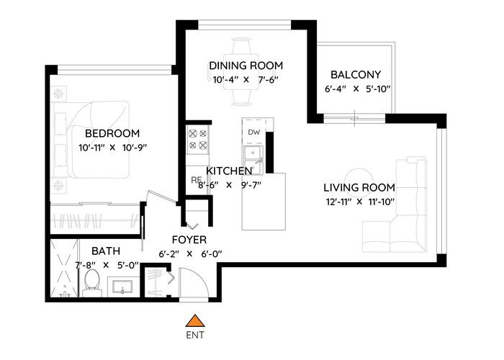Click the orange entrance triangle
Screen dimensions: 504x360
tap(195, 321)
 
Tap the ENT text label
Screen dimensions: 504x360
tap(195, 336)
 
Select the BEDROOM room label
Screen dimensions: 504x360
tap(112, 133)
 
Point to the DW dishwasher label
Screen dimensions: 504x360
tap(254, 132)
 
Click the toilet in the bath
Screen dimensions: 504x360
tap(92, 283)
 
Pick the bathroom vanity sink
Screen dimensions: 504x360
tap(122, 287)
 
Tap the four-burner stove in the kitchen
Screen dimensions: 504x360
tap(197, 139)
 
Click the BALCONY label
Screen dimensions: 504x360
tap(356, 75)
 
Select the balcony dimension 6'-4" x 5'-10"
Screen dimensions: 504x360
tap(357, 89)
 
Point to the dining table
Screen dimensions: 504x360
tap(241, 72)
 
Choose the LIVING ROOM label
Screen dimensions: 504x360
tap(359, 187)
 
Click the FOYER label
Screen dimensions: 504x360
tap(189, 240)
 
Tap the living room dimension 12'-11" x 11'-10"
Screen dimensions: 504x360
tap(360, 202)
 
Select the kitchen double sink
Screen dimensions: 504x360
tap(253, 161)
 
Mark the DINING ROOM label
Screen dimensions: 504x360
tap(246, 66)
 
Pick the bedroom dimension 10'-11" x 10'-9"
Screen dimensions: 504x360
tap(112, 148)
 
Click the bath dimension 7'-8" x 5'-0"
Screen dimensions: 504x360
tap(107, 265)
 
